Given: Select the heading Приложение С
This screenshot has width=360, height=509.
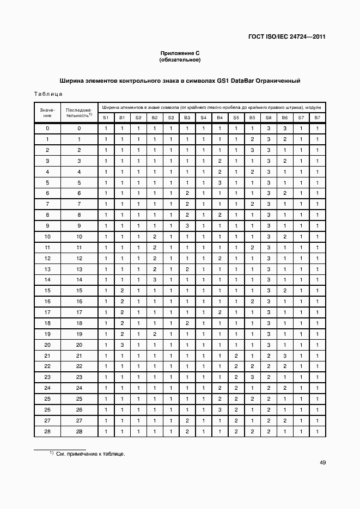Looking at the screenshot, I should click(180, 53).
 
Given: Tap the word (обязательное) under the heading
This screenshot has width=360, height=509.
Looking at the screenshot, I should click(180, 59).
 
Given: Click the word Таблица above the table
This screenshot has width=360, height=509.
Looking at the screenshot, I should click(48, 94).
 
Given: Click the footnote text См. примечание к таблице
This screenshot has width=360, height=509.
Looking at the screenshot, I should click(90, 453).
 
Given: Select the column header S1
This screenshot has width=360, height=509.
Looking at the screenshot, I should click(106, 118).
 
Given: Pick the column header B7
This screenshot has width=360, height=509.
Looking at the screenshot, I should click(317, 118).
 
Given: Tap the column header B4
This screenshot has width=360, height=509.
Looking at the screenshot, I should click(219, 118).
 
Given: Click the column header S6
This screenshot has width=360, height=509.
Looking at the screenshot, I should click(268, 118).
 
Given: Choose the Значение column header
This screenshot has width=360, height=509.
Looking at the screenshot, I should click(47, 113).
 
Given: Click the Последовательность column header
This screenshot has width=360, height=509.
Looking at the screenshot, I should click(79, 113).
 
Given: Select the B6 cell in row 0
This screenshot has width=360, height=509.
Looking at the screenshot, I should click(284, 128).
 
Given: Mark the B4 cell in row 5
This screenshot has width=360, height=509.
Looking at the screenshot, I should click(219, 182).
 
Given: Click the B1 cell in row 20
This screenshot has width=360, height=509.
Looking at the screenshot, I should click(122, 345).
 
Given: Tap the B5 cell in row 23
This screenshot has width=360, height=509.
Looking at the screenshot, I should click(252, 377).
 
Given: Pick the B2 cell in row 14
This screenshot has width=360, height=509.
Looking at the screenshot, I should click(155, 280).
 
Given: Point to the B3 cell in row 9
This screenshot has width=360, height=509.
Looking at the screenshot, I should click(187, 225).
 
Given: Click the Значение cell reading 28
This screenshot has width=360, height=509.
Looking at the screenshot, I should click(47, 431).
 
